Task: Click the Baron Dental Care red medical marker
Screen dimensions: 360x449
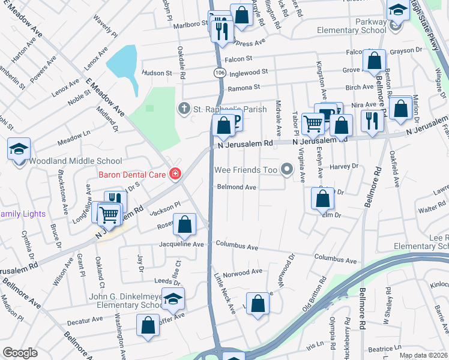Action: pyautogui.click(x=175, y=174)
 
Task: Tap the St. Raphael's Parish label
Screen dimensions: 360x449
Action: pyautogui.click(x=216, y=109)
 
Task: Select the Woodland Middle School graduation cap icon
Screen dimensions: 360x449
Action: pyautogui.click(x=19, y=149)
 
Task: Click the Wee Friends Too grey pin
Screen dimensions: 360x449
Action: pyautogui.click(x=286, y=170)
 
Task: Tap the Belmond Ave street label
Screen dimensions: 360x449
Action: pyautogui.click(x=237, y=187)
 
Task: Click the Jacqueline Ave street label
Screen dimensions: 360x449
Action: pyautogui.click(x=181, y=245)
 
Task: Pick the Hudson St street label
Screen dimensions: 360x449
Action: pyautogui.click(x=157, y=73)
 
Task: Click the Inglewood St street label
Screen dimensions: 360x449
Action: pyautogui.click(x=247, y=72)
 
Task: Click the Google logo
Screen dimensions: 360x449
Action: pyautogui.click(x=20, y=353)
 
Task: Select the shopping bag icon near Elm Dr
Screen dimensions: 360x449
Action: pyautogui.click(x=323, y=199)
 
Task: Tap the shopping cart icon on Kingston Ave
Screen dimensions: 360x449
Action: pyautogui.click(x=313, y=124)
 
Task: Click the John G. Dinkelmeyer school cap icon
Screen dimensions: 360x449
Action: pyautogui.click(x=173, y=299)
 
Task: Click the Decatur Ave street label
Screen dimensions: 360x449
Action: pyautogui.click(x=85, y=322)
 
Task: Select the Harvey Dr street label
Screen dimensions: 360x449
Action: pyautogui.click(x=344, y=166)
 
